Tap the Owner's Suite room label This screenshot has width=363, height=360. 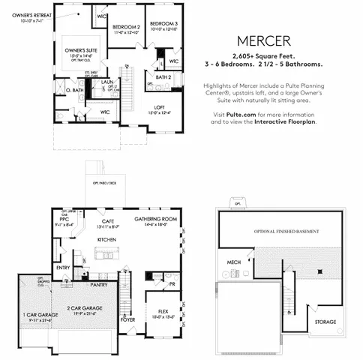point(73,51)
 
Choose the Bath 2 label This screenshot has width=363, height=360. point(163,76)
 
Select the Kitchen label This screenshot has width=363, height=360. point(107,239)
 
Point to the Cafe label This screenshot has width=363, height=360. point(108,221)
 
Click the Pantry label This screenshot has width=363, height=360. point(98,285)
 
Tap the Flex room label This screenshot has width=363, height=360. point(163,310)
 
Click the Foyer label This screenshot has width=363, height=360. point(128,319)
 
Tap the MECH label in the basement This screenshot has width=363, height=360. point(233,262)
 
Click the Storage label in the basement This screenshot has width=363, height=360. point(325,322)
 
